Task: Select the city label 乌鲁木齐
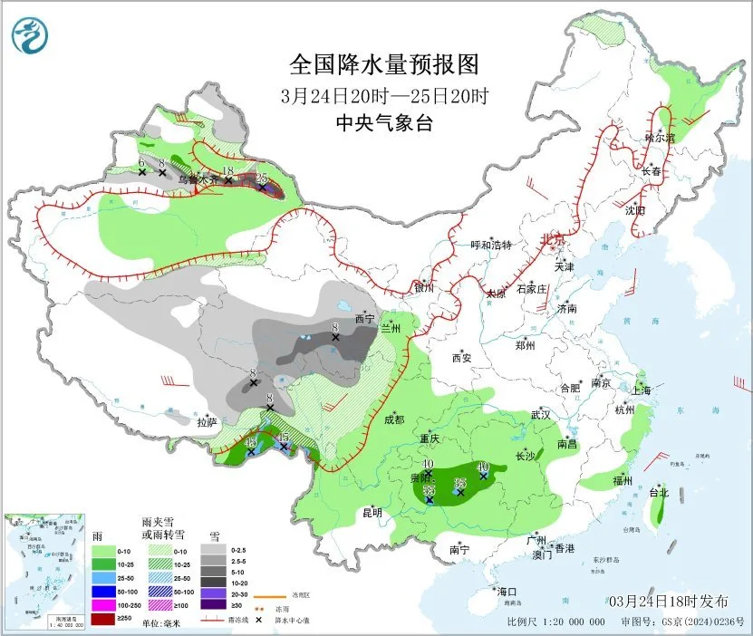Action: (x=197, y=179)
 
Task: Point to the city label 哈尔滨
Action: (x=661, y=138)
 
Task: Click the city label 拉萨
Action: (x=207, y=421)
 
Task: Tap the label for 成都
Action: (x=394, y=419)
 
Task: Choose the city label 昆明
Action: (x=372, y=513)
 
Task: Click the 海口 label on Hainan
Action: (x=507, y=592)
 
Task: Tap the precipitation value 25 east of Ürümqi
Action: (x=262, y=177)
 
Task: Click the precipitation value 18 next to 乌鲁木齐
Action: (x=228, y=171)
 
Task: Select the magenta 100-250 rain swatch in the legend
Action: (x=104, y=604)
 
